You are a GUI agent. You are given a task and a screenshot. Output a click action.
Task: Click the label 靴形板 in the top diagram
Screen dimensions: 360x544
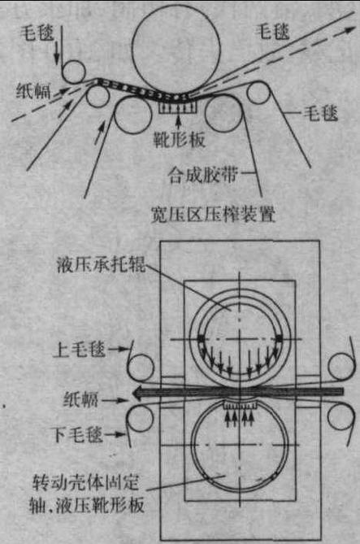180,140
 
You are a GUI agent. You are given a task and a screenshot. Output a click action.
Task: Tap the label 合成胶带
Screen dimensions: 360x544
202,174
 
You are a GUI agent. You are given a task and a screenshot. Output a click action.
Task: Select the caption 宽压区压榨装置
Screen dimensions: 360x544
213,214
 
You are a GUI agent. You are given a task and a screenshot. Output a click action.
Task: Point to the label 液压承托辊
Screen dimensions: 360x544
101,265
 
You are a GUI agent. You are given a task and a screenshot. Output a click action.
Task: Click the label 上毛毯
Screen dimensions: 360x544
79,350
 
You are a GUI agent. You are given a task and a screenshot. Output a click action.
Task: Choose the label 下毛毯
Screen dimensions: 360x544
77,434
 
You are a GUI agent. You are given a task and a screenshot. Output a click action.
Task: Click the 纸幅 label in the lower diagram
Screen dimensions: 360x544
81,400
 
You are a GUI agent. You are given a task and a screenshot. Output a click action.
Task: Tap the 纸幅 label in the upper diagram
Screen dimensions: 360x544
33,91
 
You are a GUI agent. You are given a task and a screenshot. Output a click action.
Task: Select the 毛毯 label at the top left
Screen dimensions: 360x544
37,33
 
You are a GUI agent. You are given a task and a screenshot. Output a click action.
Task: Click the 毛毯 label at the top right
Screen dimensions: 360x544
272,32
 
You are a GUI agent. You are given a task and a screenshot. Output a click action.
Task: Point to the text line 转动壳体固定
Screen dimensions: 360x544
85,482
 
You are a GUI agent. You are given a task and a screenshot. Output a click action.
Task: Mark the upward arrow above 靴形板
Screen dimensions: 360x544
179,123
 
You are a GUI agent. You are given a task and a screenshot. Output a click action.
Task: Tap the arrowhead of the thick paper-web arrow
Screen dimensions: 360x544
137,393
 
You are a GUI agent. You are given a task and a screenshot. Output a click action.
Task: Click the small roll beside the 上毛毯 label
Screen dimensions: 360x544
141,368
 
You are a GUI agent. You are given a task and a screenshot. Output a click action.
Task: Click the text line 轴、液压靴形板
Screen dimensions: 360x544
87,506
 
